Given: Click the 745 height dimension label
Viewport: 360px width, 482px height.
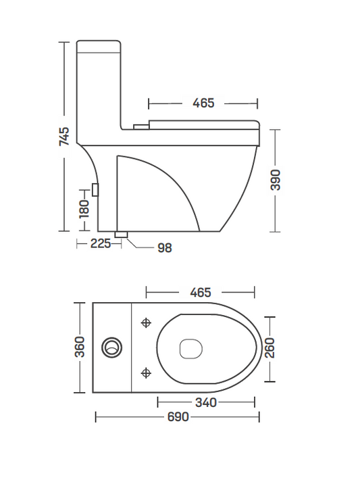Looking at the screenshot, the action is (x=64, y=136).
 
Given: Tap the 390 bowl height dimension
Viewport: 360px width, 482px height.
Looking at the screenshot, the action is (x=276, y=180).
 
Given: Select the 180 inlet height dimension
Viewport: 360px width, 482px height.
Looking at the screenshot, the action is (x=84, y=209).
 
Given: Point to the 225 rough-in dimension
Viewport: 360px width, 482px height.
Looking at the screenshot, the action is (x=101, y=243).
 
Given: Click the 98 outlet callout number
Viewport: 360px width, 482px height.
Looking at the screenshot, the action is (x=165, y=248).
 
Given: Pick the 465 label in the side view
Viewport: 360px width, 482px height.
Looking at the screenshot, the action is (x=203, y=103).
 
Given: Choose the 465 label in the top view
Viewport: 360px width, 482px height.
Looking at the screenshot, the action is (x=201, y=292).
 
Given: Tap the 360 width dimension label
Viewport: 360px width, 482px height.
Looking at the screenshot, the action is (x=80, y=347).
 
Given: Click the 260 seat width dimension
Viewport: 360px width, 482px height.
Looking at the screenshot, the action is (x=269, y=348).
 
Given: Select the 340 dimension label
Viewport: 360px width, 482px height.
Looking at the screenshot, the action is (x=206, y=402).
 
